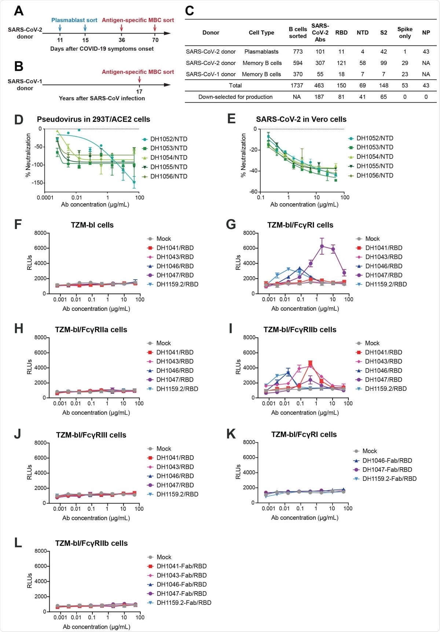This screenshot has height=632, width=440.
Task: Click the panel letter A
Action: pos(18,11)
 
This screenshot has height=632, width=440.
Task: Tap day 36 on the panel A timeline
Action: pos(122,40)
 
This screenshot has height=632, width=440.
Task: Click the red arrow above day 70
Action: pos(155,28)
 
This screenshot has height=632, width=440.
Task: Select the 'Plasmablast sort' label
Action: pos(74,20)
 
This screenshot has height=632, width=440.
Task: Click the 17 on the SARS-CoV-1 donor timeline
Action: pos(139,91)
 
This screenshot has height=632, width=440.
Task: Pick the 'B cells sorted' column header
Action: pos(297,32)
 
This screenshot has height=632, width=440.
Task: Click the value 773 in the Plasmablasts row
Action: pos(298,52)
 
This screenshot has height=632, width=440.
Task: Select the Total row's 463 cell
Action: pos(319,86)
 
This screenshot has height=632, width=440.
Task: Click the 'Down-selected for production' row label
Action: pos(235,97)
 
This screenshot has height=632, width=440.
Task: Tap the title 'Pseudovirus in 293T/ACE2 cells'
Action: pos(93,119)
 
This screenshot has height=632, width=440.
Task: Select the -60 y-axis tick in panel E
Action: pos(253,192)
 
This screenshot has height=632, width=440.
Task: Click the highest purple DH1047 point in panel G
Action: pos(322,246)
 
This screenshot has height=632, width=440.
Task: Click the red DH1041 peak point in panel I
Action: pos(310,363)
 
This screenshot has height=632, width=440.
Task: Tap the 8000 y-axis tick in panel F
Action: pos(40,233)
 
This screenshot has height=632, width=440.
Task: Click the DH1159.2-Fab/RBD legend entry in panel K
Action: pos(389,479)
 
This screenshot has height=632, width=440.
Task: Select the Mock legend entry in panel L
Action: pos(164,557)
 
